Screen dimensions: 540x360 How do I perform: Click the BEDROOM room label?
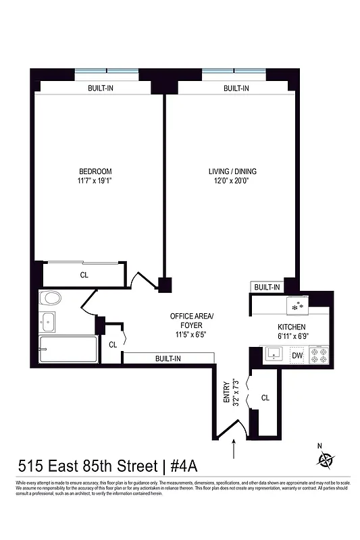[95, 171]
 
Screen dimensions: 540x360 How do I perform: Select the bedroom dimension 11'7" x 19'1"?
[95, 181]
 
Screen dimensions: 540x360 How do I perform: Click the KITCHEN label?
[291, 327]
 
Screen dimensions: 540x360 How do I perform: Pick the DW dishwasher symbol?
[297, 354]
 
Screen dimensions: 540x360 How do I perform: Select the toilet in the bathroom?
[50, 298]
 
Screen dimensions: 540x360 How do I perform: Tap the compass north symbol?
[326, 459]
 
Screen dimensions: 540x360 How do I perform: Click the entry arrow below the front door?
[234, 447]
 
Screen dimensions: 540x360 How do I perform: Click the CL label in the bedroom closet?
[84, 275]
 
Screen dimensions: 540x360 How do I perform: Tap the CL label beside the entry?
[265, 398]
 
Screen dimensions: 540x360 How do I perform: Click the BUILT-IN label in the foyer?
[168, 358]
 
